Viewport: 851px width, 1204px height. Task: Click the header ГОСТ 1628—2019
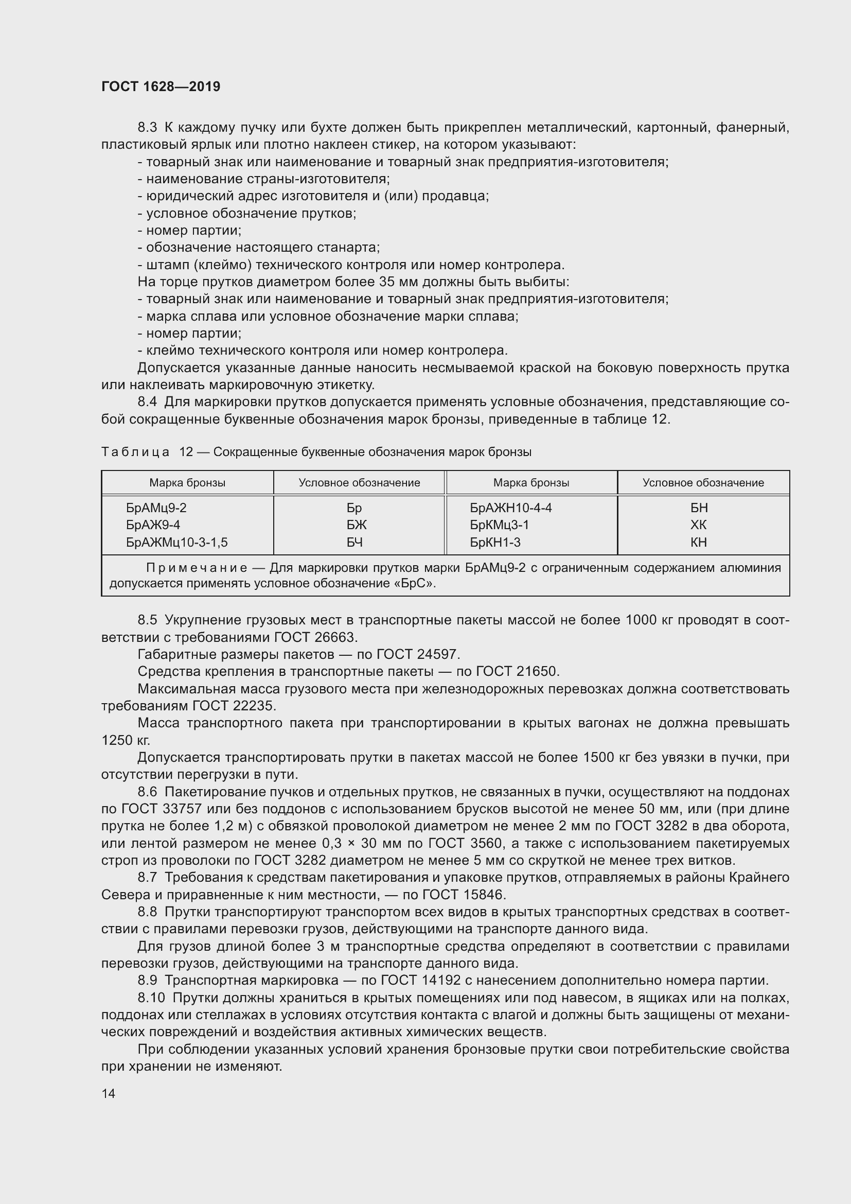coord(161,86)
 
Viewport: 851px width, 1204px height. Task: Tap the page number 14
coord(109,1093)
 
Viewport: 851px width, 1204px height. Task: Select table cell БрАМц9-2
coord(156,508)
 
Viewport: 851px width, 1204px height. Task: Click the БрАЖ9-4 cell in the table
coord(153,525)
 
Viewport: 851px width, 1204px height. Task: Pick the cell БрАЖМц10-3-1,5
coord(176,542)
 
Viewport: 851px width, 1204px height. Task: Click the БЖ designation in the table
coord(357,525)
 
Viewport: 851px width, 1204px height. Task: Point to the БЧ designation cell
coord(355,542)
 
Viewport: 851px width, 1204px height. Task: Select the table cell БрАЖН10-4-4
coord(510,508)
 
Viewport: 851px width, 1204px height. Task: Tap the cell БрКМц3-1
coord(499,525)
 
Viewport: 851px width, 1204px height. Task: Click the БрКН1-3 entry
coord(494,542)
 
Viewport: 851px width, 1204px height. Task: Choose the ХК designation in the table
coord(699,525)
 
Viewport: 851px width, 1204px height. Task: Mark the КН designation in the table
coord(699,542)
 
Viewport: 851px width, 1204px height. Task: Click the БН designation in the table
coord(699,508)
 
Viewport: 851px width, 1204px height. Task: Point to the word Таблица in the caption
coord(135,452)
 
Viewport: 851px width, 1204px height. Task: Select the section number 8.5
coord(147,620)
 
